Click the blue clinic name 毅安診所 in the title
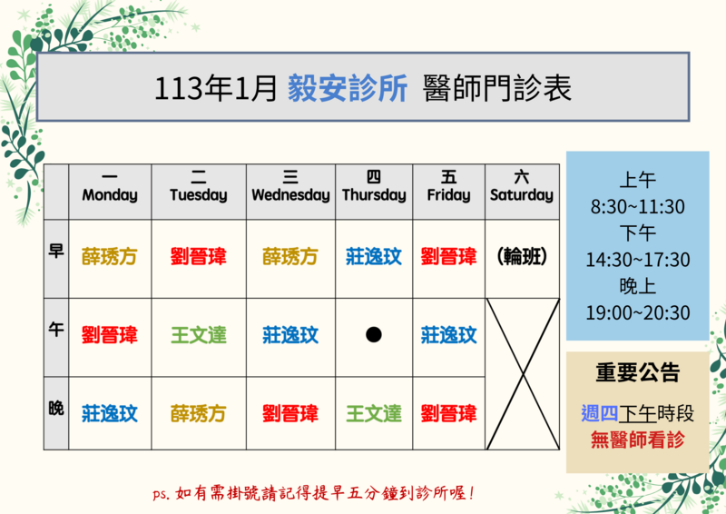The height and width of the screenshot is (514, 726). tap(348, 87)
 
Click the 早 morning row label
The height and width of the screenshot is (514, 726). tap(56, 252)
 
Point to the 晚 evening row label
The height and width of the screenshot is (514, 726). tap(56, 409)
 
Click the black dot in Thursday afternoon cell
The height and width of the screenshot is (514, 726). tap(374, 334)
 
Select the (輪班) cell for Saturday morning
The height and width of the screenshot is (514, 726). tap(522, 256)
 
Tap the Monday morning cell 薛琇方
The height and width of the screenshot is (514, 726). tap(109, 256)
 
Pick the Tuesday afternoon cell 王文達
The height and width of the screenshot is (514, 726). tap(199, 335)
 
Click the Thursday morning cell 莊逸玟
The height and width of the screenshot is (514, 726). tap(374, 256)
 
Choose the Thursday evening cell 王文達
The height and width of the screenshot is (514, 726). tap(374, 414)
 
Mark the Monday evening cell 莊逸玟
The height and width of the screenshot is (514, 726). tap(109, 414)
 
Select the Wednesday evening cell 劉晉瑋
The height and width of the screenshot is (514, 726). tap(290, 414)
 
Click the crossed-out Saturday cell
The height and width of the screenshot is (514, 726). tap(523, 374)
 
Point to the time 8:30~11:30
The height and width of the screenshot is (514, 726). tap(638, 207)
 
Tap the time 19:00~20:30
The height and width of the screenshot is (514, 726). tap(638, 312)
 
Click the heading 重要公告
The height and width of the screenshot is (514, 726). tap(638, 372)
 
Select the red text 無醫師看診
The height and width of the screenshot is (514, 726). tap(638, 440)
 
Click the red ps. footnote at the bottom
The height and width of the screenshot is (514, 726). tap(313, 493)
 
